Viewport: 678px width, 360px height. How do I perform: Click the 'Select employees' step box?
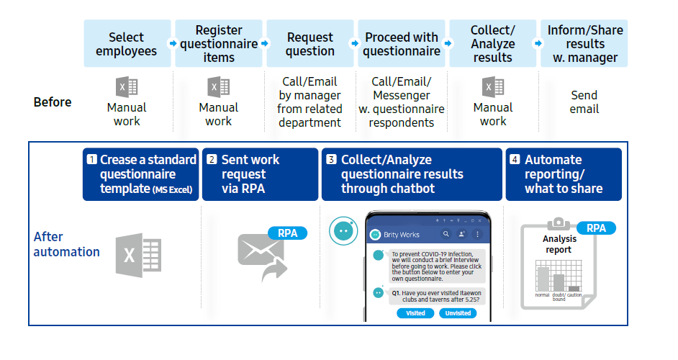[x=127, y=44]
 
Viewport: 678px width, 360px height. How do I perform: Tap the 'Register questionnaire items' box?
[x=218, y=44]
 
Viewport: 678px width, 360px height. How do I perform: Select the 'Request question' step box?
[x=310, y=44]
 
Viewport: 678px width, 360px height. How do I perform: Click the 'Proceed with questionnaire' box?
[x=402, y=44]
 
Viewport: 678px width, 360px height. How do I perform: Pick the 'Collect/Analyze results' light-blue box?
[x=493, y=44]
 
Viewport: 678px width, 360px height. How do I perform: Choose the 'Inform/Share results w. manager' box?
[x=584, y=44]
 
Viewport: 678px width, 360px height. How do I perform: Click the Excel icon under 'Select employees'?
[x=127, y=87]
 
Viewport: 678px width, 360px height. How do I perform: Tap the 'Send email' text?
[x=584, y=102]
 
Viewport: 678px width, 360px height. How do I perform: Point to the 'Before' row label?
[x=53, y=102]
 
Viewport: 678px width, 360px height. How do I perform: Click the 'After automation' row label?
[x=66, y=244]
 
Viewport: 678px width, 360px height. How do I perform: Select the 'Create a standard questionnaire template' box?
[x=141, y=174]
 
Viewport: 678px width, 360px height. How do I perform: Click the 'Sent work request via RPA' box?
[x=260, y=174]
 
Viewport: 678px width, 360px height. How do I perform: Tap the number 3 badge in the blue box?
[x=331, y=160]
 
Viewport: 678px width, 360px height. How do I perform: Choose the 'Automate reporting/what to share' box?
[x=564, y=174]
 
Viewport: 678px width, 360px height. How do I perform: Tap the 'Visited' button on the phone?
[x=415, y=313]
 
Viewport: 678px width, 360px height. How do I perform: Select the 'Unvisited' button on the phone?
[x=458, y=313]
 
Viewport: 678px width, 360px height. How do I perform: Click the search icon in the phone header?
[x=446, y=234]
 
